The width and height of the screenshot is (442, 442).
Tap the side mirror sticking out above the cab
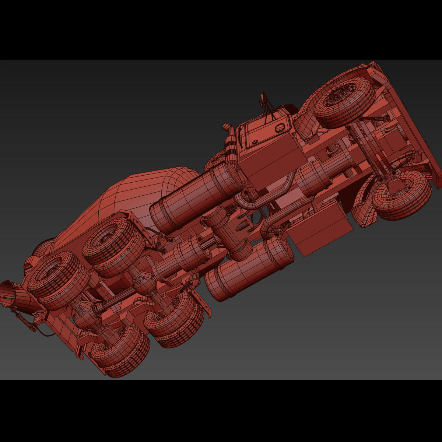point(263,100)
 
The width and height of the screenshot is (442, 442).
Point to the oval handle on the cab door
point(280,128)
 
